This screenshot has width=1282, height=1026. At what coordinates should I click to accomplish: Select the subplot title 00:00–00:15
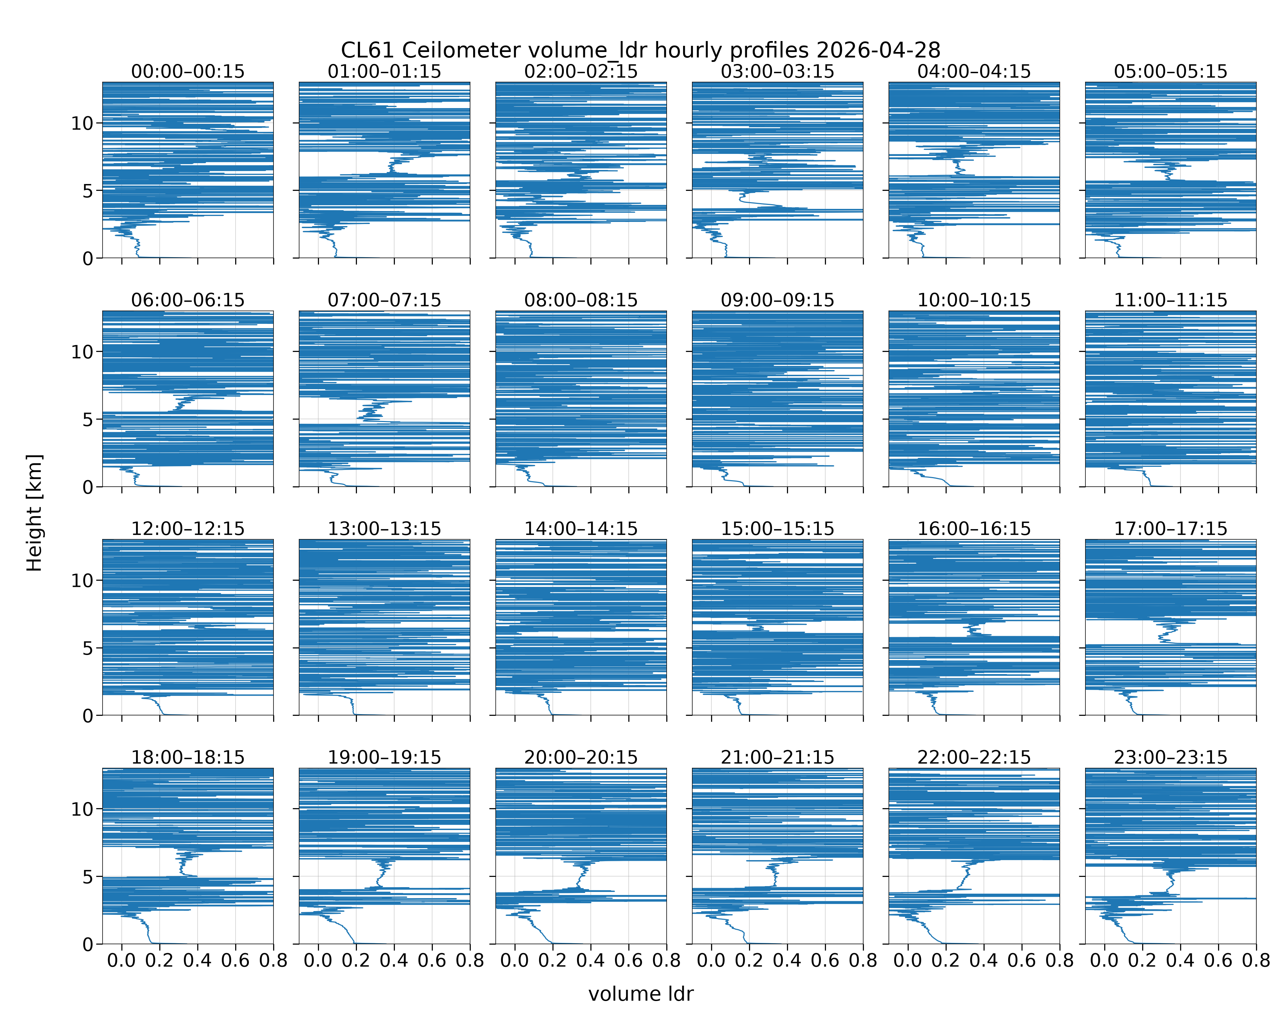[x=188, y=71]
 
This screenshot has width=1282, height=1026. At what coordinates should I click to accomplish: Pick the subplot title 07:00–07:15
[x=384, y=300]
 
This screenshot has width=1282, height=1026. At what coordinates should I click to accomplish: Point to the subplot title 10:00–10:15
[x=974, y=300]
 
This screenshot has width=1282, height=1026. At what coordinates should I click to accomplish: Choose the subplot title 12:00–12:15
[x=188, y=529]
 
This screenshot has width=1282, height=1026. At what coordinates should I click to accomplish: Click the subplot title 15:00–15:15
[x=778, y=529]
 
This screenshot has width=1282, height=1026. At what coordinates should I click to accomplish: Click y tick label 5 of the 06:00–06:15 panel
[x=88, y=420]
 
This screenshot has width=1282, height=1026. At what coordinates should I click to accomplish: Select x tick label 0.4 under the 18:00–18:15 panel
[x=197, y=961]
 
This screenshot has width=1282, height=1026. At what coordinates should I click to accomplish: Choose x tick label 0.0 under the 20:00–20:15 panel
[x=515, y=961]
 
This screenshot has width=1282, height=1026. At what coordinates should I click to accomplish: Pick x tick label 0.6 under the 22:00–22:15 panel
[x=1021, y=961]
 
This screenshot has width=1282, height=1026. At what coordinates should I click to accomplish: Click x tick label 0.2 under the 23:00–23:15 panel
[x=1142, y=961]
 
